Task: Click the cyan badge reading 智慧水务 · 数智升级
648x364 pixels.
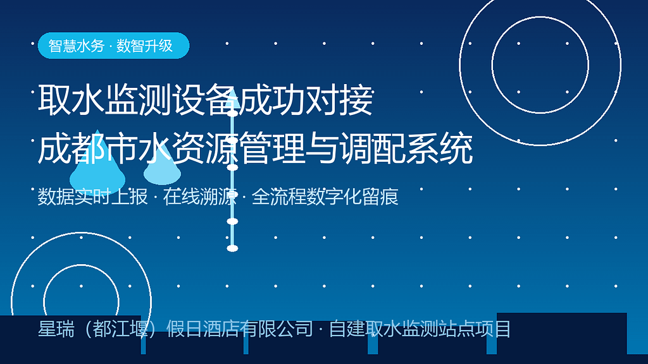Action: click(x=114, y=45)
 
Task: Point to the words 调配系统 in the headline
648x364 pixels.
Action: click(x=406, y=149)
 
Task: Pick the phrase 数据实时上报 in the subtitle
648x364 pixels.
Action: click(x=92, y=197)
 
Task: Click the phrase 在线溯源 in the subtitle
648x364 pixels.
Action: click(x=199, y=197)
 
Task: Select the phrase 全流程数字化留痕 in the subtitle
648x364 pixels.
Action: click(x=325, y=197)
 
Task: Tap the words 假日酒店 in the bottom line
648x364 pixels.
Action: click(x=203, y=329)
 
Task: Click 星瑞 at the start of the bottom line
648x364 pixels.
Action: click(x=56, y=329)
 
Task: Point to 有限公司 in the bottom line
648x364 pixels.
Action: click(x=277, y=329)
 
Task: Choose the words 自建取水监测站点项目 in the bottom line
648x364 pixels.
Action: click(x=420, y=329)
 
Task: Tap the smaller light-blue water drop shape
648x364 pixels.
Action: click(x=162, y=167)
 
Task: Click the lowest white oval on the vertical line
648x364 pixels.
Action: click(x=232, y=248)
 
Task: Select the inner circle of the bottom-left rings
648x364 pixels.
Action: click(x=44, y=301)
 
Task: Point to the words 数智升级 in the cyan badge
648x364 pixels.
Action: click(x=144, y=45)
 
